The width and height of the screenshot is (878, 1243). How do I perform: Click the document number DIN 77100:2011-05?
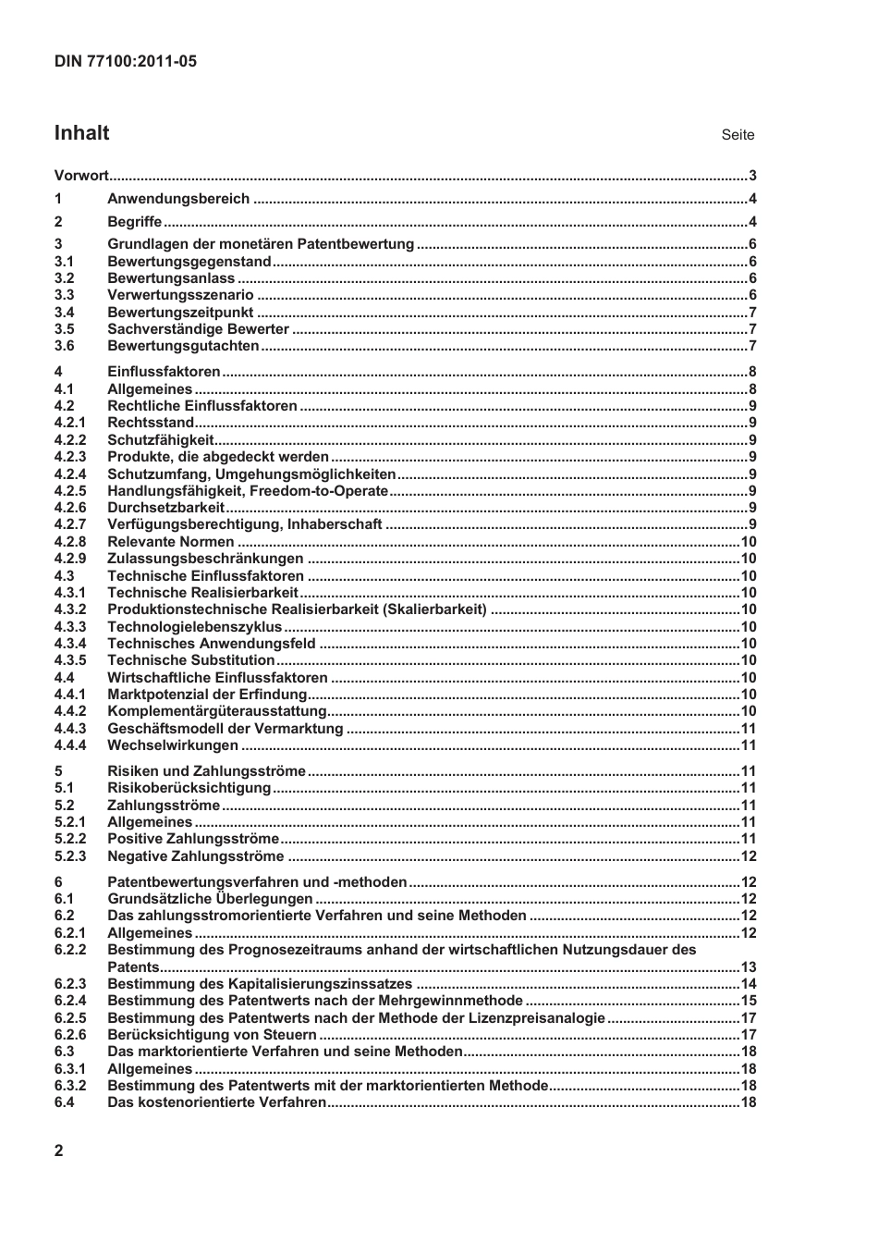pos(125,62)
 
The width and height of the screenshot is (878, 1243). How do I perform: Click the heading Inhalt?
pos(81,133)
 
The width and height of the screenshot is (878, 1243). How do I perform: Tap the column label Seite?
pos(738,135)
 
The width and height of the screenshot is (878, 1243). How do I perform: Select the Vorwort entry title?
pos(81,176)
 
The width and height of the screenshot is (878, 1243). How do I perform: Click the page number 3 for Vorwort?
pos(752,176)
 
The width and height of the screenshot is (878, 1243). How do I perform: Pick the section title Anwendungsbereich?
pos(178,199)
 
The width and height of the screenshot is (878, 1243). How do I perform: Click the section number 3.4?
pos(64,313)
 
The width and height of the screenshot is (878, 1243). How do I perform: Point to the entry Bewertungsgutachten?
pos(183,346)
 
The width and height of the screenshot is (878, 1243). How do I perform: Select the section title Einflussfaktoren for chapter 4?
pos(164,372)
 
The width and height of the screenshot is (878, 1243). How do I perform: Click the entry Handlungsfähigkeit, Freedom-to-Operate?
pos(248,491)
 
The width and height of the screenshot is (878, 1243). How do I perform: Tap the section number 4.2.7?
pos(70,524)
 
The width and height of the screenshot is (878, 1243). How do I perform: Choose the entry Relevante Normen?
pos(171,542)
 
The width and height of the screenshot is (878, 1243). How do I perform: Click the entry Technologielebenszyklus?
pos(194,627)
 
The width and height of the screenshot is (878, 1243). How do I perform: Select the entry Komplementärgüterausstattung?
pos(217,711)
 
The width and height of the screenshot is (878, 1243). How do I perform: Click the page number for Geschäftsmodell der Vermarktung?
pos(749,729)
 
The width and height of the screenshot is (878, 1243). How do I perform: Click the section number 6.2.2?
pos(70,950)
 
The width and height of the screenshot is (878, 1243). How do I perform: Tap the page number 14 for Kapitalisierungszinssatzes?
pos(749,984)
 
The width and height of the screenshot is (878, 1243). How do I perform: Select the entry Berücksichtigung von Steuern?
pos(199,1035)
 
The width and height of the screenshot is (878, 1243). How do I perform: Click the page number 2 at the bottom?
pos(59,1151)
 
